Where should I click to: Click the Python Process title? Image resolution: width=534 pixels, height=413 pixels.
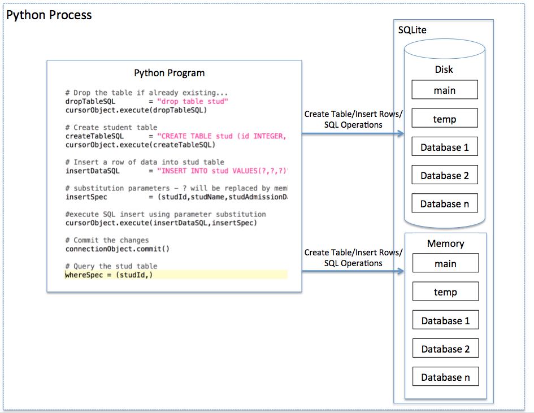[x=49, y=15]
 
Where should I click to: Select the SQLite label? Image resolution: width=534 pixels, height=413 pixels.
[x=413, y=30]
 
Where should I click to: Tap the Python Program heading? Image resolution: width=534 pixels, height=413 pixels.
[x=169, y=73]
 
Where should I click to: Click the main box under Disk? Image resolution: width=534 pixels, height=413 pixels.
[x=445, y=90]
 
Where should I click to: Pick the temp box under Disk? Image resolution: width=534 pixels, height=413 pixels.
[x=445, y=119]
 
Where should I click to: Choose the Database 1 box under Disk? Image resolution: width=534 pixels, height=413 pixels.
[x=445, y=147]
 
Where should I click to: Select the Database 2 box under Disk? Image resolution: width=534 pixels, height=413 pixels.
[x=445, y=176]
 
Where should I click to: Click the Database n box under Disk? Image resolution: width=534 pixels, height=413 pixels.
[x=445, y=204]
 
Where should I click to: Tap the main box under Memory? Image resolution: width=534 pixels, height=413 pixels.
[x=445, y=264]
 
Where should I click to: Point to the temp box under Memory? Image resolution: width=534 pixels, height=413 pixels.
[x=445, y=292]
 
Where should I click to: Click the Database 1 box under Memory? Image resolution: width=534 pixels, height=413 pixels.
[x=445, y=321]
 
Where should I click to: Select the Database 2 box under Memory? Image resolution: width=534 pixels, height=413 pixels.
[x=445, y=349]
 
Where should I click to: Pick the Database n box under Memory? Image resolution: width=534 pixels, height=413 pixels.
[x=445, y=377]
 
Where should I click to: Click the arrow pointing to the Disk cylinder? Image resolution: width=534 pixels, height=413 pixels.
[x=353, y=134]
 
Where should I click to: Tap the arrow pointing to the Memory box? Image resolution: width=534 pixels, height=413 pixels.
[x=353, y=272]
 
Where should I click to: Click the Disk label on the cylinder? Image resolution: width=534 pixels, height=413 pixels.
[x=444, y=69]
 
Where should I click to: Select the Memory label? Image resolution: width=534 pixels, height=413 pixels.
[x=445, y=244]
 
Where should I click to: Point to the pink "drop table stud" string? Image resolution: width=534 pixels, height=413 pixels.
[x=192, y=102]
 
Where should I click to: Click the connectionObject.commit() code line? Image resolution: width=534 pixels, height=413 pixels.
[x=118, y=249]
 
